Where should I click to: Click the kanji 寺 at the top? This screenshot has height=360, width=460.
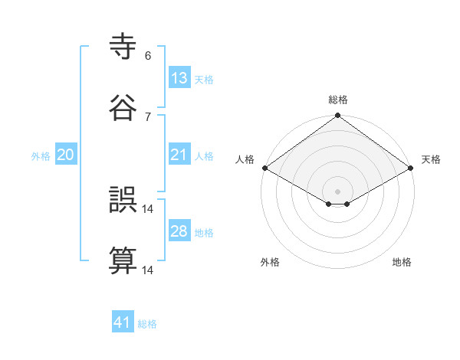(x=124, y=48)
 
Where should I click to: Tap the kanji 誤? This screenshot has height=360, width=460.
(x=124, y=201)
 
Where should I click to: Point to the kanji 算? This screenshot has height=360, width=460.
(x=124, y=260)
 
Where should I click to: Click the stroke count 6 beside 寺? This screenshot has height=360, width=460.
(x=148, y=56)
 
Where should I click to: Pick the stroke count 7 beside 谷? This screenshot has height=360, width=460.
(x=148, y=116)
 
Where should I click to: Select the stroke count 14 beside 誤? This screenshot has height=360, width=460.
(x=148, y=209)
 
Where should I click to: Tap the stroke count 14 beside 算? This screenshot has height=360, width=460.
(x=148, y=270)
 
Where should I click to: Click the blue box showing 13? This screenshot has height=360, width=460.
(x=179, y=78)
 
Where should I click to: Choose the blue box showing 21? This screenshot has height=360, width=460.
(x=179, y=155)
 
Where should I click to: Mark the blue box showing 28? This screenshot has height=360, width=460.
(x=179, y=231)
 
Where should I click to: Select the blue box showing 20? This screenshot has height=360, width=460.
(x=65, y=155)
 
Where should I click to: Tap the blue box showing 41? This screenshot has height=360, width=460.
(x=123, y=322)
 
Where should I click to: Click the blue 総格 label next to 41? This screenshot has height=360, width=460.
(x=147, y=324)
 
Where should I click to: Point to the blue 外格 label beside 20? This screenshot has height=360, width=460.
(x=41, y=156)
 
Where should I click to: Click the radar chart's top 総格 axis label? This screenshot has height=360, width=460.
(x=338, y=100)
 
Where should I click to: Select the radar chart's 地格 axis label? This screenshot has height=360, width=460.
(x=402, y=262)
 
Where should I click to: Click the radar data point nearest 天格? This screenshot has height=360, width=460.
(x=412, y=169)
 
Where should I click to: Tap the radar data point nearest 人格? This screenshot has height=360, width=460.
(x=264, y=168)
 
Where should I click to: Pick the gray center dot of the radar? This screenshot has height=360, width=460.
(x=338, y=190)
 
